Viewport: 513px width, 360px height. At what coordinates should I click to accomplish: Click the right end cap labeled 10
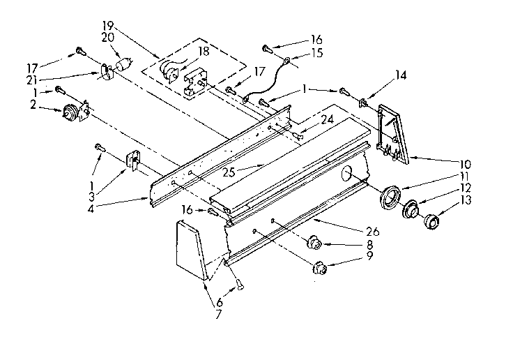click(393, 135)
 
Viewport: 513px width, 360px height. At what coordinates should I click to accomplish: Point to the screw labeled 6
click(238, 283)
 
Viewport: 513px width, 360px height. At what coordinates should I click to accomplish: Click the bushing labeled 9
click(321, 266)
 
